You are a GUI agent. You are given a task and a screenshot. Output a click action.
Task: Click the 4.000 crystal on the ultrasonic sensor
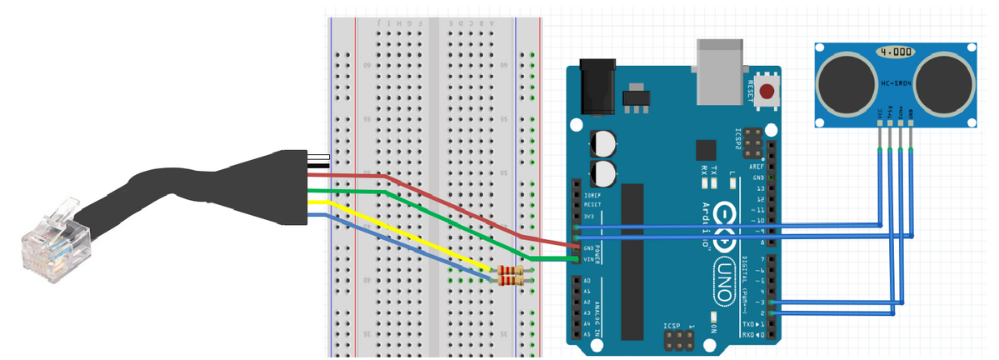pyautogui.click(x=895, y=52)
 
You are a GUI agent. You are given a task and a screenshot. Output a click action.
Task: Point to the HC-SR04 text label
pyautogui.click(x=896, y=83)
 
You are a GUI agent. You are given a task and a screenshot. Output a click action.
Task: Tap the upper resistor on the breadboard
pyautogui.click(x=510, y=271)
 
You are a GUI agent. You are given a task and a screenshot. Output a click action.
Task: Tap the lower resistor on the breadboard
pyautogui.click(x=510, y=282)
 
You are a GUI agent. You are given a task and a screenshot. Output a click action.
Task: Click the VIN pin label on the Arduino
pyautogui.click(x=587, y=259)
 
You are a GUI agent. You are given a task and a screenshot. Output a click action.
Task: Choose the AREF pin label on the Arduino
pyautogui.click(x=757, y=167)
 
